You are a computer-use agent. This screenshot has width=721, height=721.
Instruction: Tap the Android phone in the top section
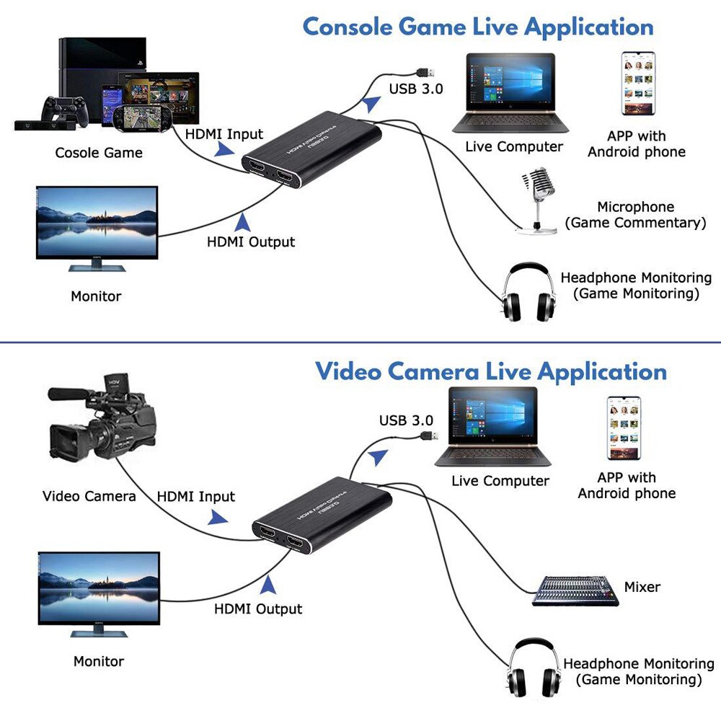tap(638, 84)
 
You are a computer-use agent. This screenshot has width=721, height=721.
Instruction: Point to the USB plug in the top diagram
tap(425, 72)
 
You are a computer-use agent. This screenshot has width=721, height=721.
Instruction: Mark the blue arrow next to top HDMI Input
tap(225, 149)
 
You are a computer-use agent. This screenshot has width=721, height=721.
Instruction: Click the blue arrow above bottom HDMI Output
tap(268, 583)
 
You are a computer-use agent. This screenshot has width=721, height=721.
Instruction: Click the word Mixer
tap(642, 587)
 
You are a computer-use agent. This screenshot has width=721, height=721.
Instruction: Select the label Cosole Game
tap(99, 153)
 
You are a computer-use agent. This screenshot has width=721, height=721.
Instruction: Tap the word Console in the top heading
tap(348, 27)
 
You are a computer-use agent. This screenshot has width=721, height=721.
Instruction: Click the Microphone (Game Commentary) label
tap(635, 215)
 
